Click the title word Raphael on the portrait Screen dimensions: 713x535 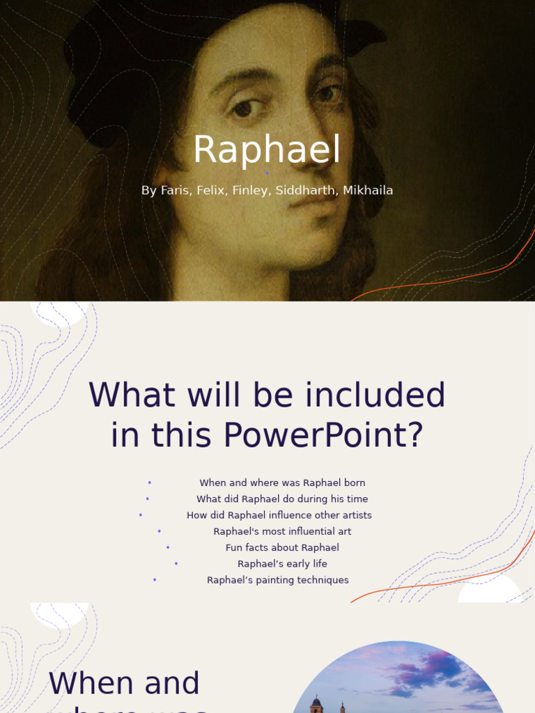click(267, 150)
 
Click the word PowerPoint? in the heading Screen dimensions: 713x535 click(323, 435)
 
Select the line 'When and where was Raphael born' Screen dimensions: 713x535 click(282, 483)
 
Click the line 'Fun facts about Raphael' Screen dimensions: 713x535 click(282, 547)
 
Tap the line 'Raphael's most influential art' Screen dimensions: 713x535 click(282, 531)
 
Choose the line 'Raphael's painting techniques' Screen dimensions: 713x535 click(277, 580)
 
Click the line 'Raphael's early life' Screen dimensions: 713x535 click(282, 564)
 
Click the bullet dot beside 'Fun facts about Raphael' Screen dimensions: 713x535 click(168, 548)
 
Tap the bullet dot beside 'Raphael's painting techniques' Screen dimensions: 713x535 click(155, 580)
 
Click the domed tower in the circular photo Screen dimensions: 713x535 click(316, 703)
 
